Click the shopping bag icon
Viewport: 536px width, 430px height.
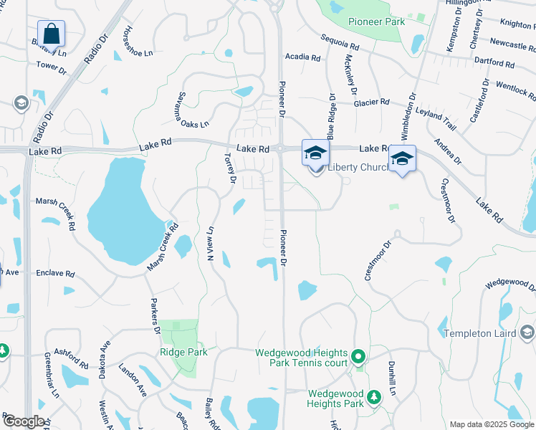coord(51,33)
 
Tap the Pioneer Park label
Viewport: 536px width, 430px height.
coord(376,21)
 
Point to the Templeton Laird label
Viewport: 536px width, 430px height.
coord(479,333)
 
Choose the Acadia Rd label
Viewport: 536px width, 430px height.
coord(302,57)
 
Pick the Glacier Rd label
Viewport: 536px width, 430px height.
coord(372,102)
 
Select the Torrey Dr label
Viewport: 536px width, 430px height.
coord(229,167)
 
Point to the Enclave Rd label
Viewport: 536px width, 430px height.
coord(55,274)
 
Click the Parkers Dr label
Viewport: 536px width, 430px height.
coord(154,316)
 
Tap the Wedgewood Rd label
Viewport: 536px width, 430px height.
coord(509,285)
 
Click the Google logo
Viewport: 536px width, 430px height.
coord(23,421)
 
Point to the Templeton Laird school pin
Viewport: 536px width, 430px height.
coord(527,333)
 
